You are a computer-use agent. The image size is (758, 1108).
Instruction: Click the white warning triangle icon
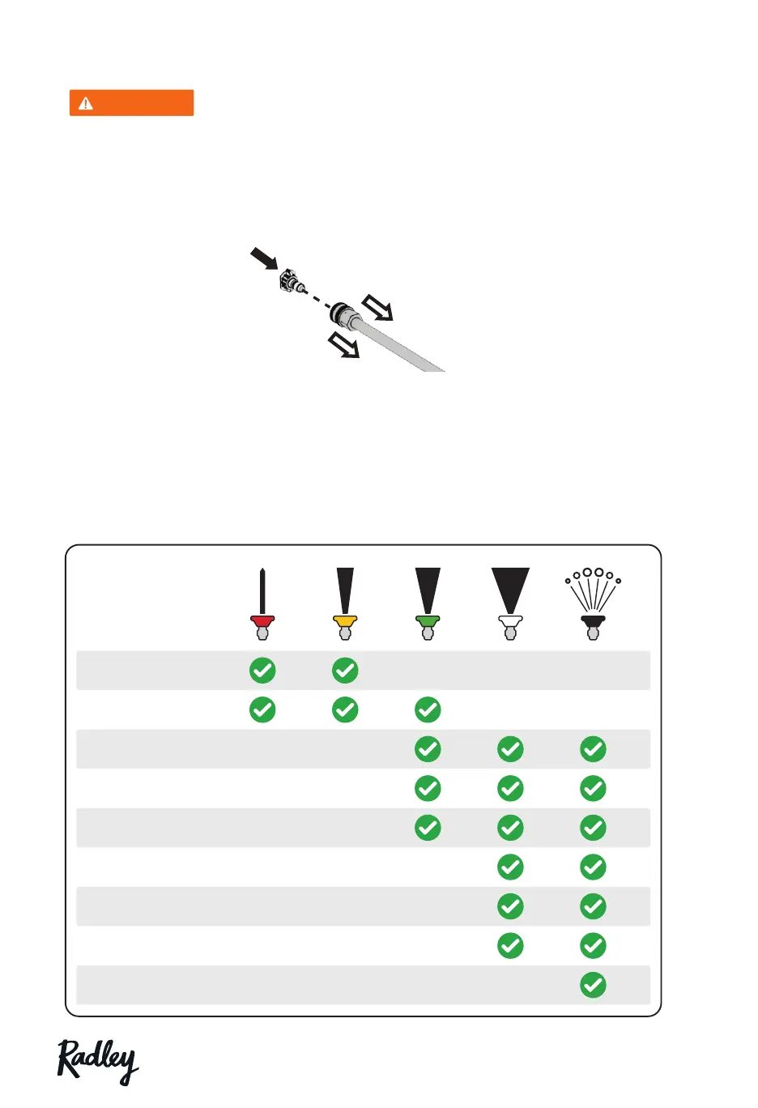tap(86, 104)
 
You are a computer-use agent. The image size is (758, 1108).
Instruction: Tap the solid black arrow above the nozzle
tap(264, 259)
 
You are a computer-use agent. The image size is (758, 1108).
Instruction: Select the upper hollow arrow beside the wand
tap(377, 308)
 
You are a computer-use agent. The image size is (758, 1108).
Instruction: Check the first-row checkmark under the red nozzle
tap(262, 671)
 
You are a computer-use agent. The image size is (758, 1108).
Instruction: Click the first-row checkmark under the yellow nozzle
tap(345, 671)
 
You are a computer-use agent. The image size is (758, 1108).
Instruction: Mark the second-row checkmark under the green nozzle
tap(428, 710)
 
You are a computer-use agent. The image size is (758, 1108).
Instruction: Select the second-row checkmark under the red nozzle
tap(262, 710)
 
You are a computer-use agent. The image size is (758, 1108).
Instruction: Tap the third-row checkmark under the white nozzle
tap(510, 749)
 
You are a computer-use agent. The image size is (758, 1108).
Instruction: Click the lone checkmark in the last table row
tap(593, 985)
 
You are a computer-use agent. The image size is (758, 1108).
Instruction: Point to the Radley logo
tap(98, 1061)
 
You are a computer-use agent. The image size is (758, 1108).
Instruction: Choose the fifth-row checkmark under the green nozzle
tap(428, 828)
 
